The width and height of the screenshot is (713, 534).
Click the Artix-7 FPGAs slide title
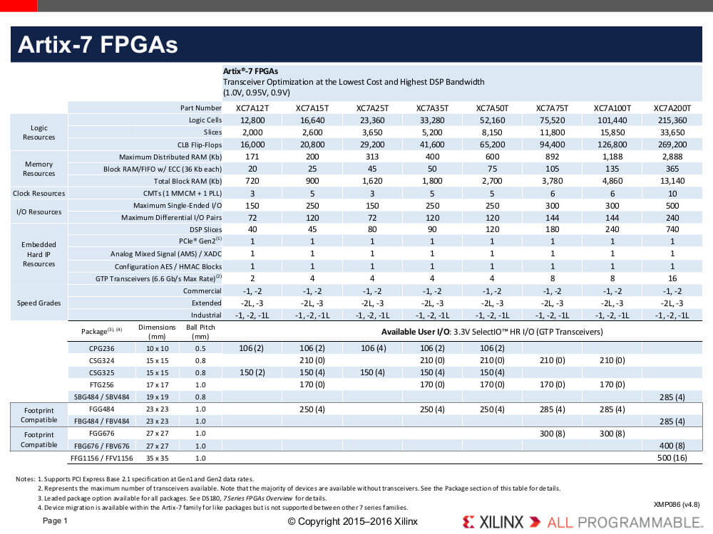[98, 44]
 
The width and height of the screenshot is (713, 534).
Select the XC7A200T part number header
[672, 108]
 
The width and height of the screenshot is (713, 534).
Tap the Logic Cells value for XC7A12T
[252, 120]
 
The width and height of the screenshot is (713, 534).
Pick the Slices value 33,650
[672, 132]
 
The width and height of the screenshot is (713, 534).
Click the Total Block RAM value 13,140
[672, 181]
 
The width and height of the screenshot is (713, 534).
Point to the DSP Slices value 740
[672, 229]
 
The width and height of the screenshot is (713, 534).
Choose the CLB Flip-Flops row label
[200, 145]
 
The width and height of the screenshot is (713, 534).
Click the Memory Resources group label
[39, 169]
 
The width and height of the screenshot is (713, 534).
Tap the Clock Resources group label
[39, 194]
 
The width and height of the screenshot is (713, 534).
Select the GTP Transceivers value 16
[672, 278]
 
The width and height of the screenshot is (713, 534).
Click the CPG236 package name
[102, 349]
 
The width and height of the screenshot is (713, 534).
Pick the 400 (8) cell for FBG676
[672, 446]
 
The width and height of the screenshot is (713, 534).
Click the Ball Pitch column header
[200, 332]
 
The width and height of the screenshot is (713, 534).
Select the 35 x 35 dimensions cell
[158, 458]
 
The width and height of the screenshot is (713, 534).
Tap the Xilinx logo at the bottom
[493, 522]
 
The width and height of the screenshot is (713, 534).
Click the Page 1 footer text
[55, 521]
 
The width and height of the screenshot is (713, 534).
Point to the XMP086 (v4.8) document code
[677, 505]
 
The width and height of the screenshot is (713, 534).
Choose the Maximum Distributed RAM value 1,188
[612, 157]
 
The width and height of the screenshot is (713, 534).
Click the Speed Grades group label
[39, 303]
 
